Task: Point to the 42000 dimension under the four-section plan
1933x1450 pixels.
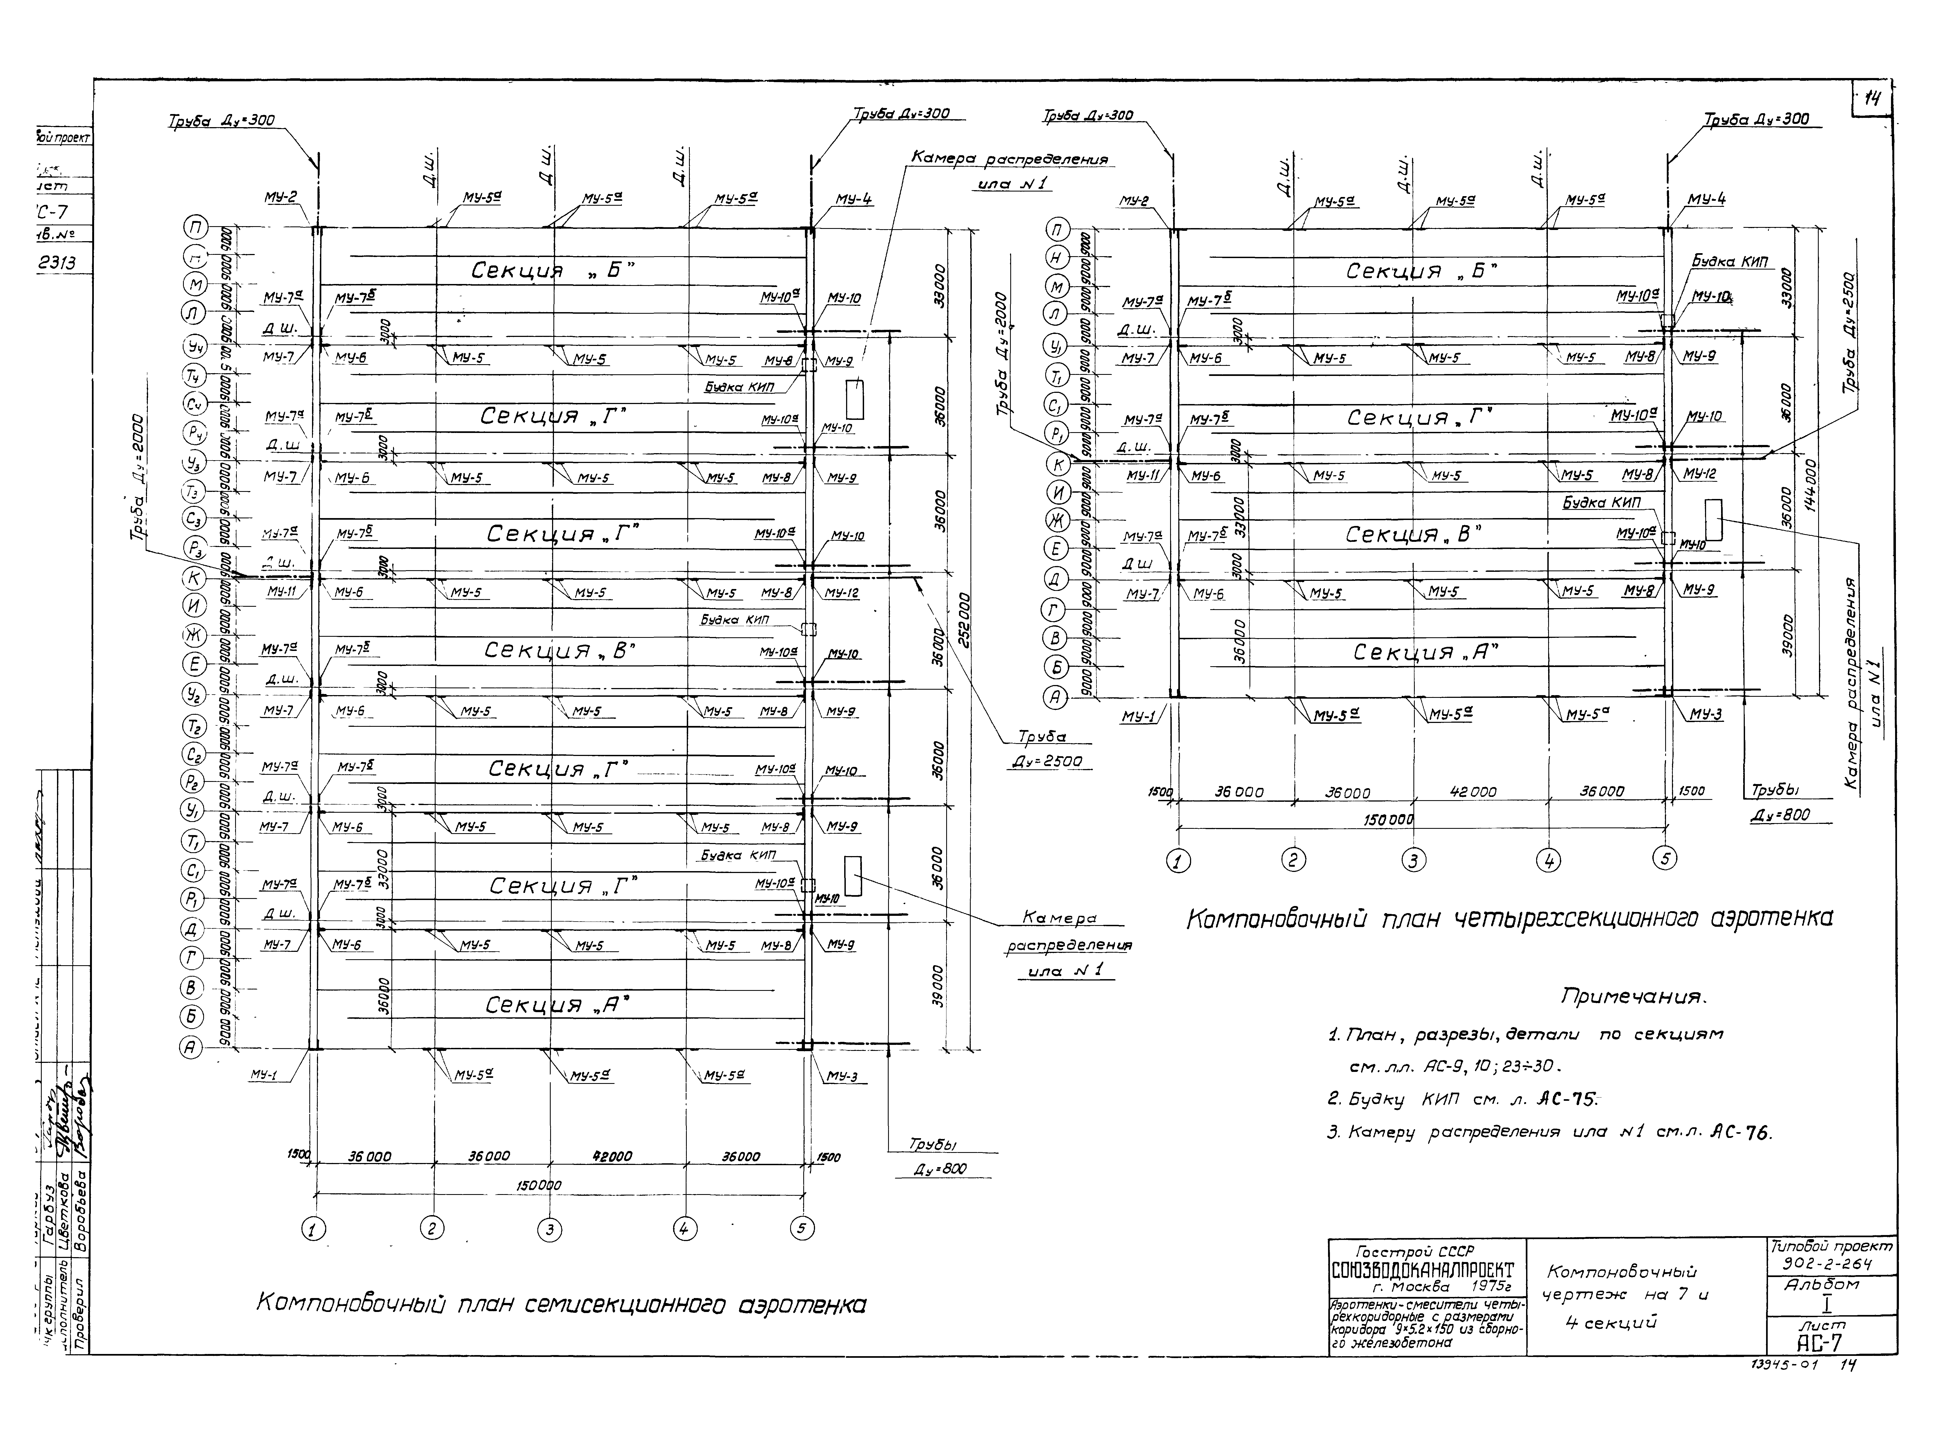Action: (1473, 792)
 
